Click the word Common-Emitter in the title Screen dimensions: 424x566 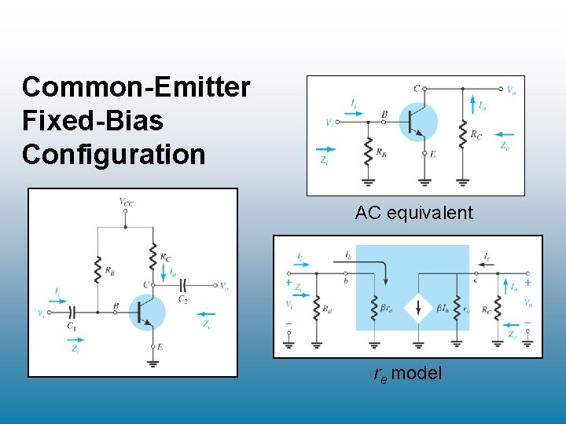click(x=136, y=87)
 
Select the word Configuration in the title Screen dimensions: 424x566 click(x=113, y=154)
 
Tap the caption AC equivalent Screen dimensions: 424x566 click(x=414, y=213)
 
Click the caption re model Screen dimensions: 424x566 click(x=407, y=373)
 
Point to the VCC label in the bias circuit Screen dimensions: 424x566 click(x=126, y=202)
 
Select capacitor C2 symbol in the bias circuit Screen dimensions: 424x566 click(x=182, y=286)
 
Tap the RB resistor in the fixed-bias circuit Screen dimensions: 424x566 click(x=97, y=269)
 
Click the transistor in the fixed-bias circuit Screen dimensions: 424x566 click(x=147, y=312)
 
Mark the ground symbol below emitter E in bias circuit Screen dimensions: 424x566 click(x=151, y=361)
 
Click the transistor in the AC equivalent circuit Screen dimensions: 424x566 click(x=417, y=121)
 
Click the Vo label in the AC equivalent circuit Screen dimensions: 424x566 click(x=511, y=90)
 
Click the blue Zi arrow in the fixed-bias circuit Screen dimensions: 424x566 click(x=75, y=340)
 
